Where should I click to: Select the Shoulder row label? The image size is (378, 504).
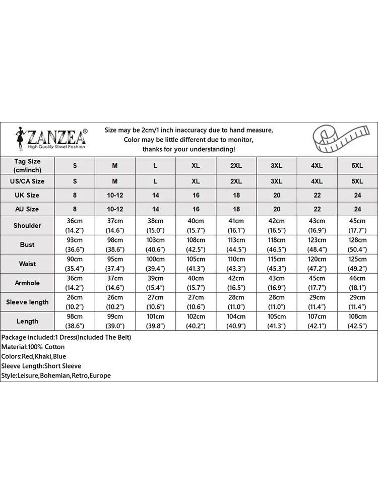[27, 226]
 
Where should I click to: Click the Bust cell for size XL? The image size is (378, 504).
[196, 244]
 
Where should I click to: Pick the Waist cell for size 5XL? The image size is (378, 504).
[357, 264]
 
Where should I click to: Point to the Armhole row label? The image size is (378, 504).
[27, 283]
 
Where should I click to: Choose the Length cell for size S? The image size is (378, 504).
[75, 321]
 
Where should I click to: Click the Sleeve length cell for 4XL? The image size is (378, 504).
[317, 301]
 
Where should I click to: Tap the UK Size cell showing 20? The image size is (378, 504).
[277, 195]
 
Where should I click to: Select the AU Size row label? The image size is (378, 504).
[27, 209]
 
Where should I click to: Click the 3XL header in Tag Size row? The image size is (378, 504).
[277, 165]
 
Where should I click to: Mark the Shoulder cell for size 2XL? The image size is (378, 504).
[236, 225]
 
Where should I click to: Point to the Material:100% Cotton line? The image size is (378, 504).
[33, 347]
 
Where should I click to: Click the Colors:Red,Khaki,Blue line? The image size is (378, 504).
[34, 356]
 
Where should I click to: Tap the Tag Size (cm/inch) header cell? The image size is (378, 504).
[27, 165]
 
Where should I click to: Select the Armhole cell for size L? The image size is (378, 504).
[155, 283]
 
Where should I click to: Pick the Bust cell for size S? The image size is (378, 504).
[75, 244]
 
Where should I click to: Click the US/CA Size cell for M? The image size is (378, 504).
[115, 181]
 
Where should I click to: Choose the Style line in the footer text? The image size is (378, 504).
[56, 375]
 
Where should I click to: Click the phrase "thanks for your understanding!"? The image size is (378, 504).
[188, 149]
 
